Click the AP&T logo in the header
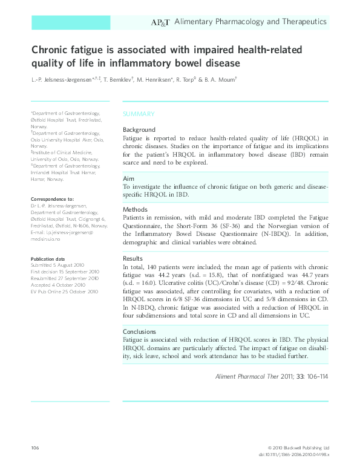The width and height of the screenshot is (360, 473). click(x=160, y=22)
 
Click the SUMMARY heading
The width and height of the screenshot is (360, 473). click(x=139, y=114)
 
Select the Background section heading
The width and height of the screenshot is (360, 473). click(x=139, y=130)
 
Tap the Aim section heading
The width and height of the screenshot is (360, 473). click(x=128, y=180)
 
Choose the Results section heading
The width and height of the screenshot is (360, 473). click(x=133, y=258)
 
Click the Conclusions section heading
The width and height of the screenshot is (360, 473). click(x=140, y=331)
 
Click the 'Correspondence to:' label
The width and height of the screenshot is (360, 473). click(x=52, y=199)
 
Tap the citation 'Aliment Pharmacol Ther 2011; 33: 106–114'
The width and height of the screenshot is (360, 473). click(x=272, y=376)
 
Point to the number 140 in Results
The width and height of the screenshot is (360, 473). click(x=155, y=266)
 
